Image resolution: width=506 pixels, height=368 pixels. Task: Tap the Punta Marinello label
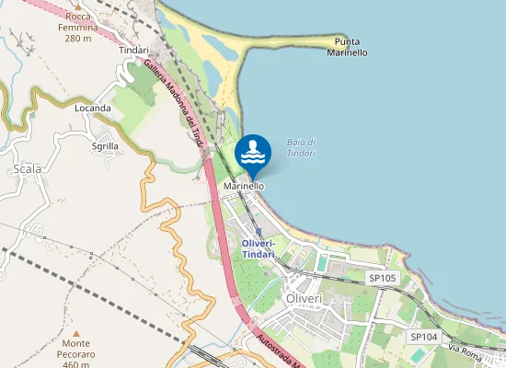coord(347,47)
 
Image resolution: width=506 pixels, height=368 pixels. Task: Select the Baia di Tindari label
coord(302,147)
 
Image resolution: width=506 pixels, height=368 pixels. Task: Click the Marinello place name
coord(244,186)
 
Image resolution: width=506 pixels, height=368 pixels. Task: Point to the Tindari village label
coord(134,51)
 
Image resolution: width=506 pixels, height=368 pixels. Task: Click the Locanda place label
coord(93,108)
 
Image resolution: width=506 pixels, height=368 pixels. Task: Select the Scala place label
coord(27,168)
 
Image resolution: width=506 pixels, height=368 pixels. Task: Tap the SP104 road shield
coord(424,338)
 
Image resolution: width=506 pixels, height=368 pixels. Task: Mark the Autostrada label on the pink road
coord(280,350)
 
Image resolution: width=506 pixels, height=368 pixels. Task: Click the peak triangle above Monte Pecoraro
coord(76,332)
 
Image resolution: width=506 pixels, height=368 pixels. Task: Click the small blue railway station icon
coord(259,233)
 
